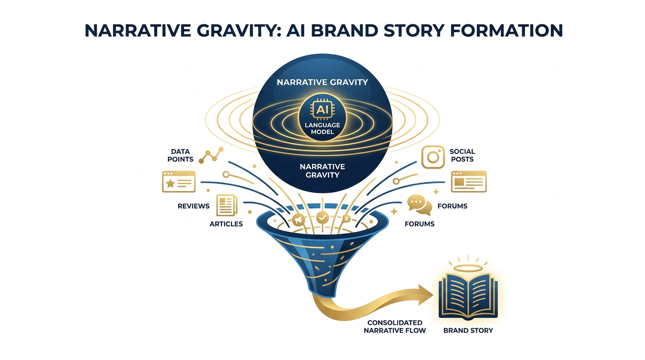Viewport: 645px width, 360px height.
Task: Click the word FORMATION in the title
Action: (506, 30)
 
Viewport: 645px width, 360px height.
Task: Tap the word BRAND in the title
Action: (344, 30)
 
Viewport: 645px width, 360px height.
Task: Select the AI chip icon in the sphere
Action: (322, 110)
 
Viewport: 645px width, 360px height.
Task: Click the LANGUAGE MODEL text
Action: (322, 128)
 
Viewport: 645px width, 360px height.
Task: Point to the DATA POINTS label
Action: (180, 155)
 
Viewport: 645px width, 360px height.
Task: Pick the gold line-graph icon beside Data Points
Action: (211, 155)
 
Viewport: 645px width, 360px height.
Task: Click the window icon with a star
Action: (179, 181)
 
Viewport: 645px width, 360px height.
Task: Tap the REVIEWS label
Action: (194, 206)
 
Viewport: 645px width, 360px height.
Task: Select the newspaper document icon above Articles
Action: (227, 206)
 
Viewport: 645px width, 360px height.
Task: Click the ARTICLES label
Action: (226, 224)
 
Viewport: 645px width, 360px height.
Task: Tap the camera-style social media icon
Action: (433, 157)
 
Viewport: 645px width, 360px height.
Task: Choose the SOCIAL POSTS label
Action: (462, 155)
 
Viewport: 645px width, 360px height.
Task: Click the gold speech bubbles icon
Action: (420, 205)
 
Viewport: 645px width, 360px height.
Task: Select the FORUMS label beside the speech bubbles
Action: (452, 206)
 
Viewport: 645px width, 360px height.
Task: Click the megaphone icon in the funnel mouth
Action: (298, 220)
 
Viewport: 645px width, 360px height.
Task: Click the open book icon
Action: (468, 295)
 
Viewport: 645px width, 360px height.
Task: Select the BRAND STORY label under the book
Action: (468, 330)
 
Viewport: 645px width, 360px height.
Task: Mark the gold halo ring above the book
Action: (468, 269)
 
